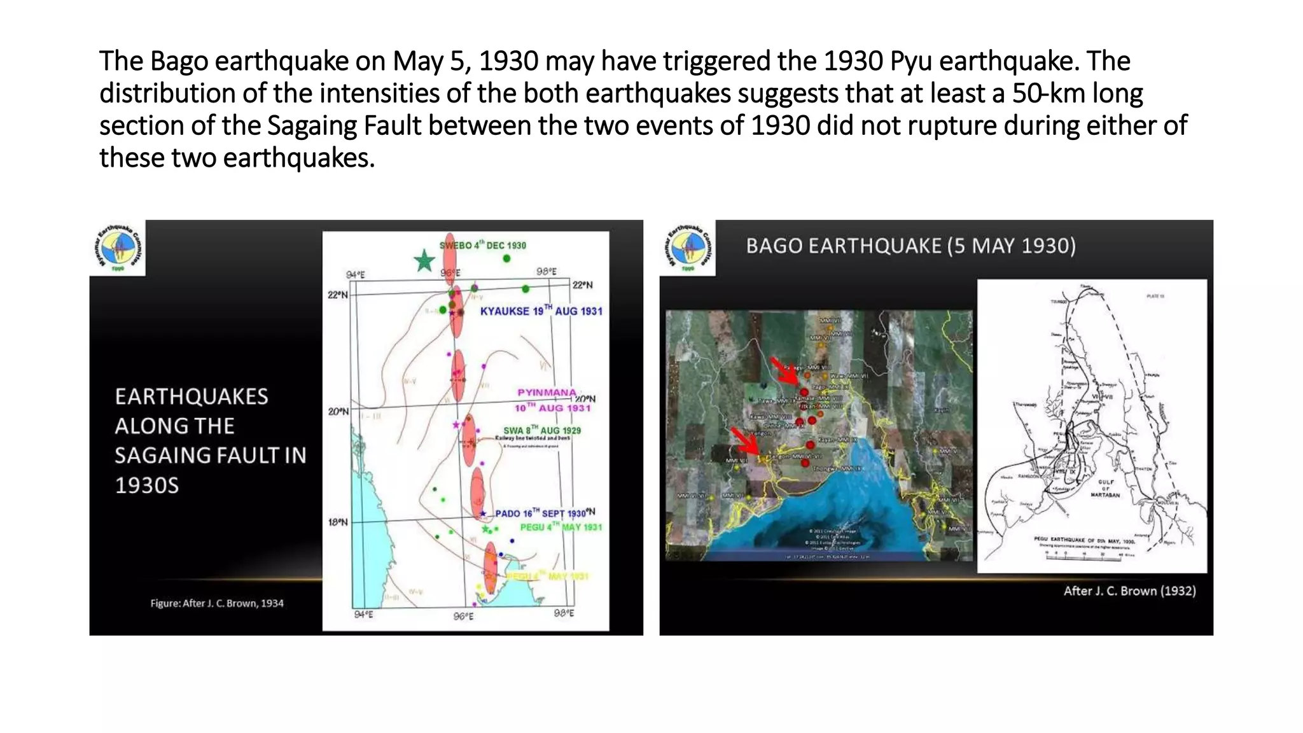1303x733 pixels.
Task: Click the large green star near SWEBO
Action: click(x=424, y=260)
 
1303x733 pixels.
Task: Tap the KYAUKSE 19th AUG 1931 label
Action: click(x=540, y=311)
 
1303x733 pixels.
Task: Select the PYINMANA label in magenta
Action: click(x=547, y=393)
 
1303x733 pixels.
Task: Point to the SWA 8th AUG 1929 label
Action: click(x=541, y=430)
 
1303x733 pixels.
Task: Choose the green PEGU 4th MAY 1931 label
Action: click(x=561, y=527)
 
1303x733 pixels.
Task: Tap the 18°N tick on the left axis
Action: click(x=338, y=522)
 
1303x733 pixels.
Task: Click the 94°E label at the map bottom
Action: click(x=364, y=614)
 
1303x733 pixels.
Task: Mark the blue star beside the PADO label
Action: click(x=484, y=513)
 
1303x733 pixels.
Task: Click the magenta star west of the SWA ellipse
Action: click(x=456, y=424)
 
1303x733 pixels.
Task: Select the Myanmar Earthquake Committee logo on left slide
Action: click(x=117, y=248)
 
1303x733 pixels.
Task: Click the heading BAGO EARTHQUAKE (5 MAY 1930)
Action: click(x=910, y=246)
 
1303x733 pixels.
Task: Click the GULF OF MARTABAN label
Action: click(x=1106, y=488)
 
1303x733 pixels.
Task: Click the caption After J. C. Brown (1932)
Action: click(x=1129, y=590)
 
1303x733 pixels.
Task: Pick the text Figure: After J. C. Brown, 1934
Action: click(x=217, y=603)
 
